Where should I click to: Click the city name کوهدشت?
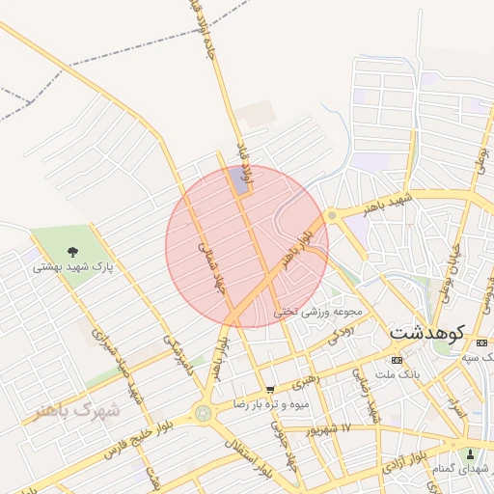(x=427, y=333)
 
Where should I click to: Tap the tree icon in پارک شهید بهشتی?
(x=73, y=252)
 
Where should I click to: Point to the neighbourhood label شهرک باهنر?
(x=77, y=410)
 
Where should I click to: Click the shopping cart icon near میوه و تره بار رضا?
(x=270, y=391)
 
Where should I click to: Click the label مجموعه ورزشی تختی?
(x=317, y=313)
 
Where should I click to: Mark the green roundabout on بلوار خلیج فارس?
(x=203, y=414)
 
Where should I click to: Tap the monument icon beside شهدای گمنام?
(x=470, y=454)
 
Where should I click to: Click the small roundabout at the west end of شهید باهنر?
(x=332, y=214)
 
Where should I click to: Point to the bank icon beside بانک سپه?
(x=480, y=344)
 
